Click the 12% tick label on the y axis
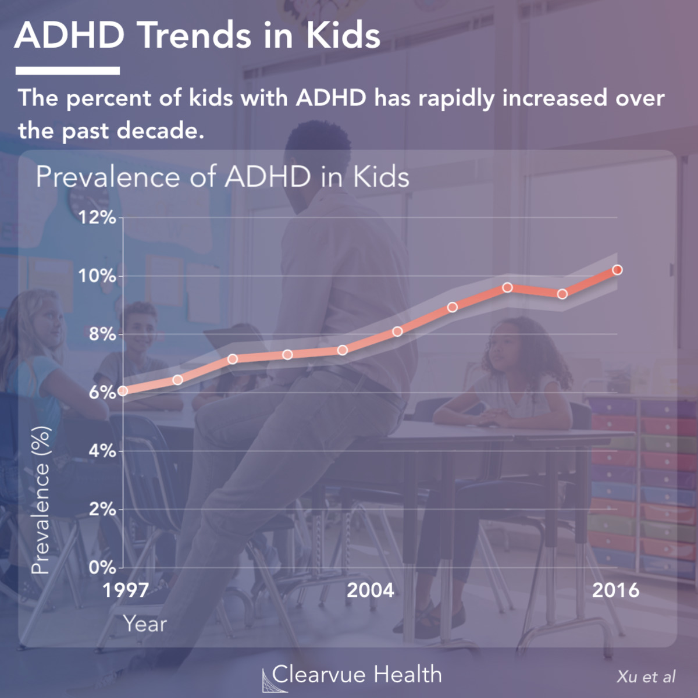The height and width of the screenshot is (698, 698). pyautogui.click(x=97, y=218)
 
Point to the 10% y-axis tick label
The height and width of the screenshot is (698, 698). pyautogui.click(x=97, y=276)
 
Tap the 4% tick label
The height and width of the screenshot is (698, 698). pyautogui.click(x=102, y=451)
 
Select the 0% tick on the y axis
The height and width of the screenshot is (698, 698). pyautogui.click(x=102, y=567)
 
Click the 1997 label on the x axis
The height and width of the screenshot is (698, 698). pyautogui.click(x=126, y=590)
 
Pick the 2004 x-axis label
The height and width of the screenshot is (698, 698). pyautogui.click(x=371, y=590)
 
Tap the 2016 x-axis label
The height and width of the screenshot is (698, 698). pyautogui.click(x=615, y=590)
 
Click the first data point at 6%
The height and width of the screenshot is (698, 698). pyautogui.click(x=123, y=391)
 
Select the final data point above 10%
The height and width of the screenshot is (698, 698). pyautogui.click(x=618, y=270)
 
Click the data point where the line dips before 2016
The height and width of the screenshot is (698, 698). pyautogui.click(x=562, y=294)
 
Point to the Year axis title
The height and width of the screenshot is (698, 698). pyautogui.click(x=145, y=624)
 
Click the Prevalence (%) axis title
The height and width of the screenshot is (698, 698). pyautogui.click(x=41, y=500)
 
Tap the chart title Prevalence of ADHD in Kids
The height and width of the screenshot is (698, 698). pyautogui.click(x=223, y=177)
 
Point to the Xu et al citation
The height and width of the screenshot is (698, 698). pyautogui.click(x=646, y=677)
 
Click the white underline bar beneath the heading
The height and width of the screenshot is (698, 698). pyautogui.click(x=67, y=71)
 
